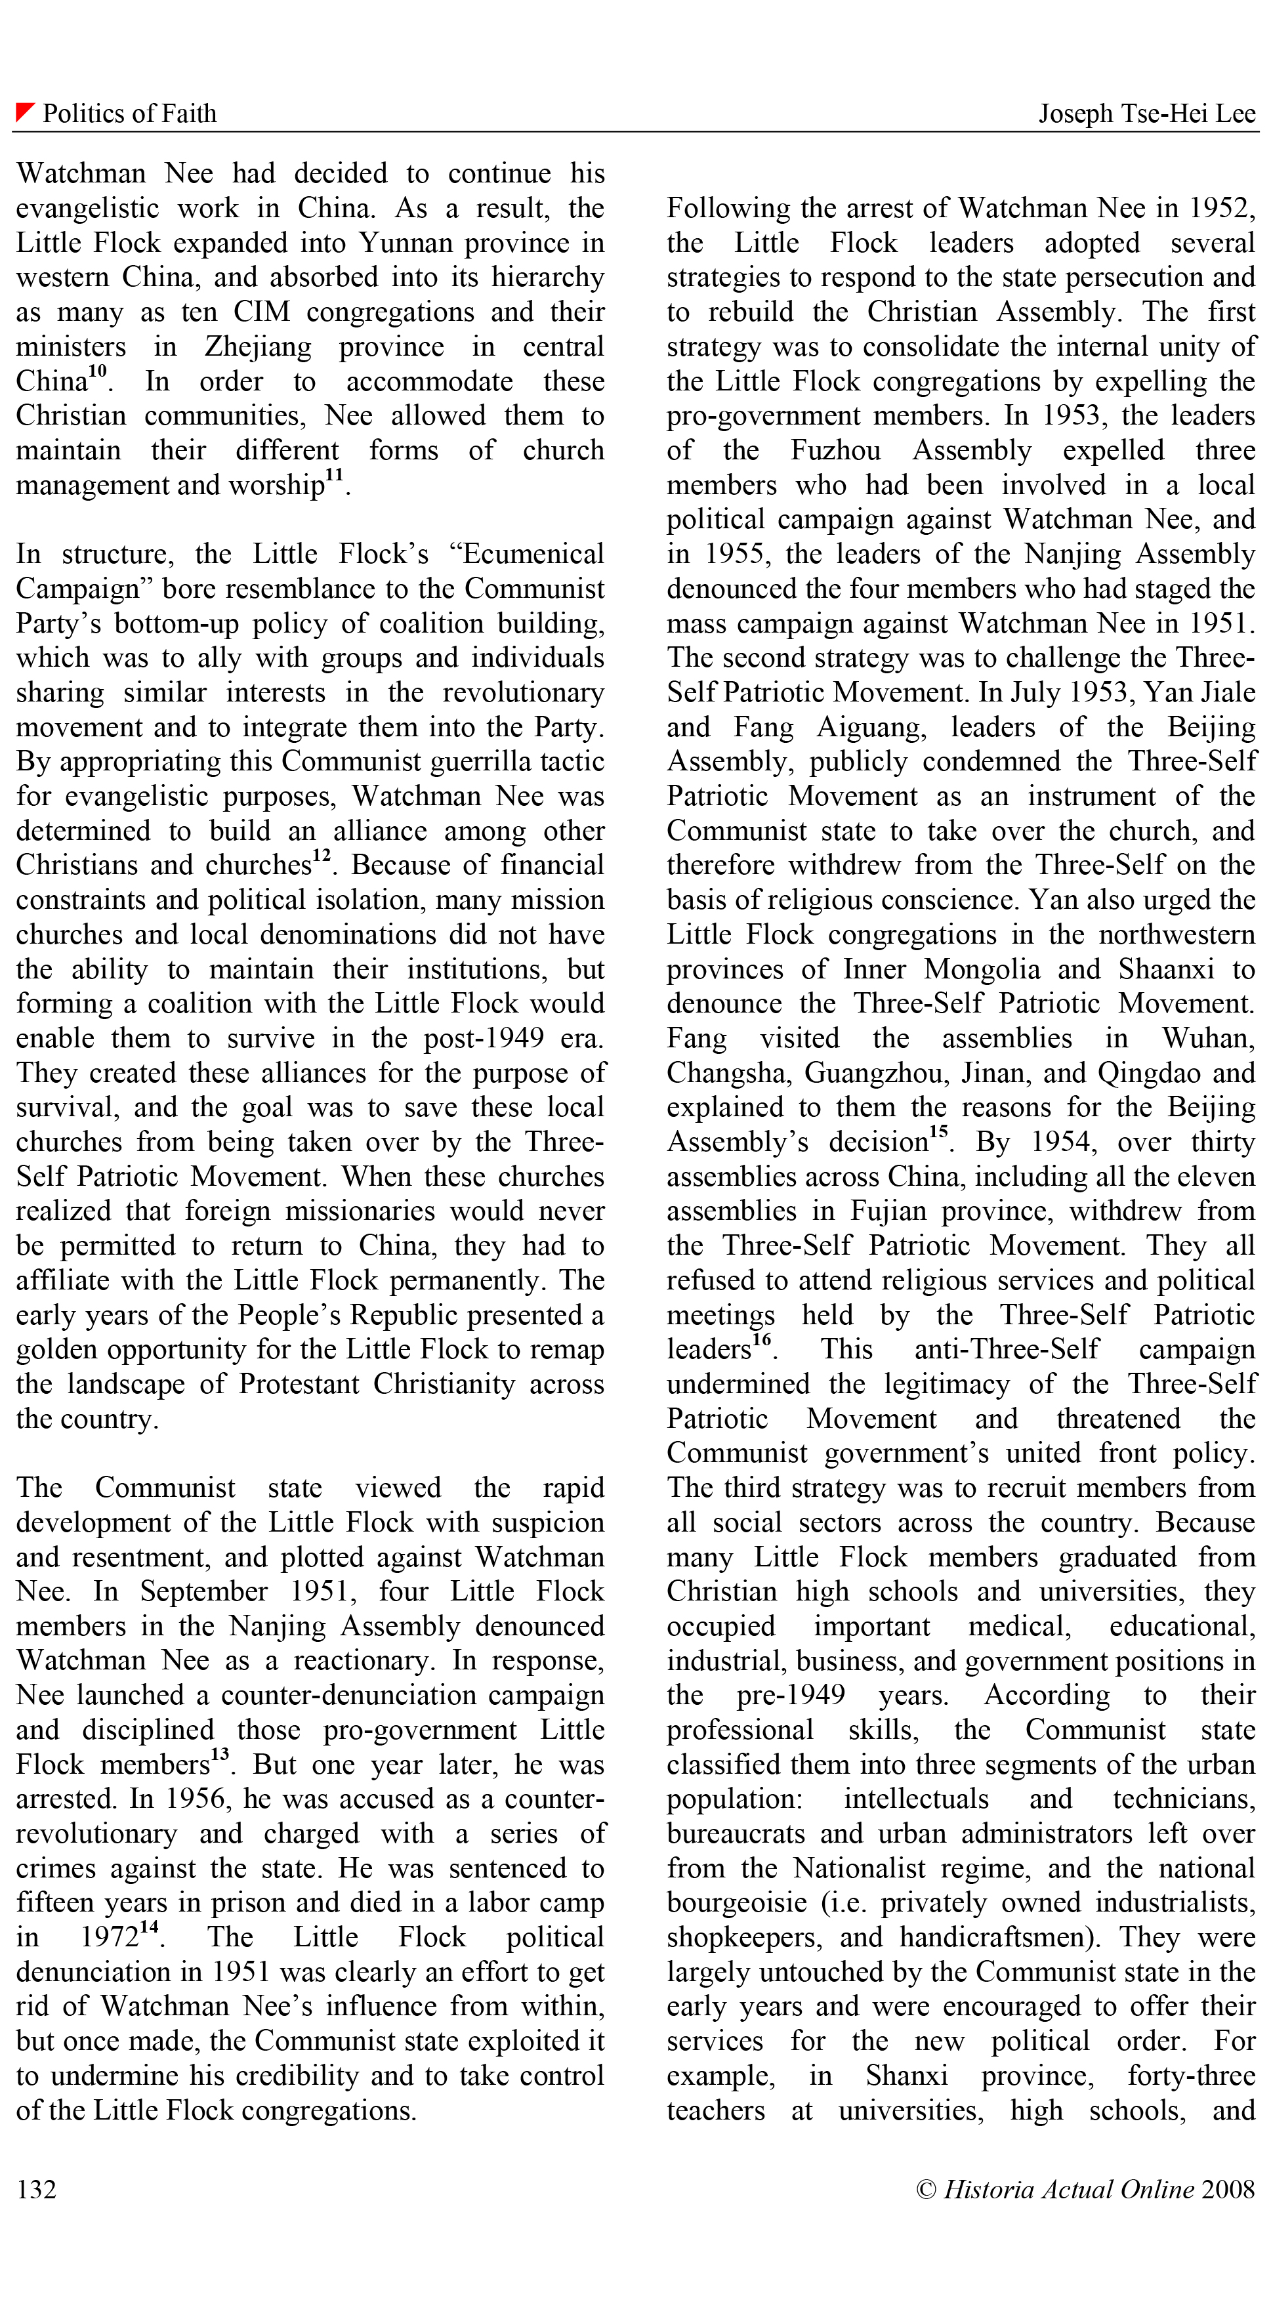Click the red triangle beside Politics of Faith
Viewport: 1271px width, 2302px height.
coord(24,112)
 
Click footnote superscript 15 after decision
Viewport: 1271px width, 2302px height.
coord(938,1132)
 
